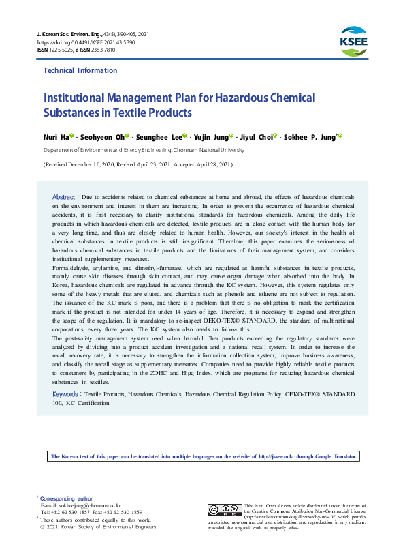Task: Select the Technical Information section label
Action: [x=80, y=71]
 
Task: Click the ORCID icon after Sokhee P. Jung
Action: [x=340, y=136]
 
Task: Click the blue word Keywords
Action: [x=66, y=394]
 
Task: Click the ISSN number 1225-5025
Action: [x=61, y=50]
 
